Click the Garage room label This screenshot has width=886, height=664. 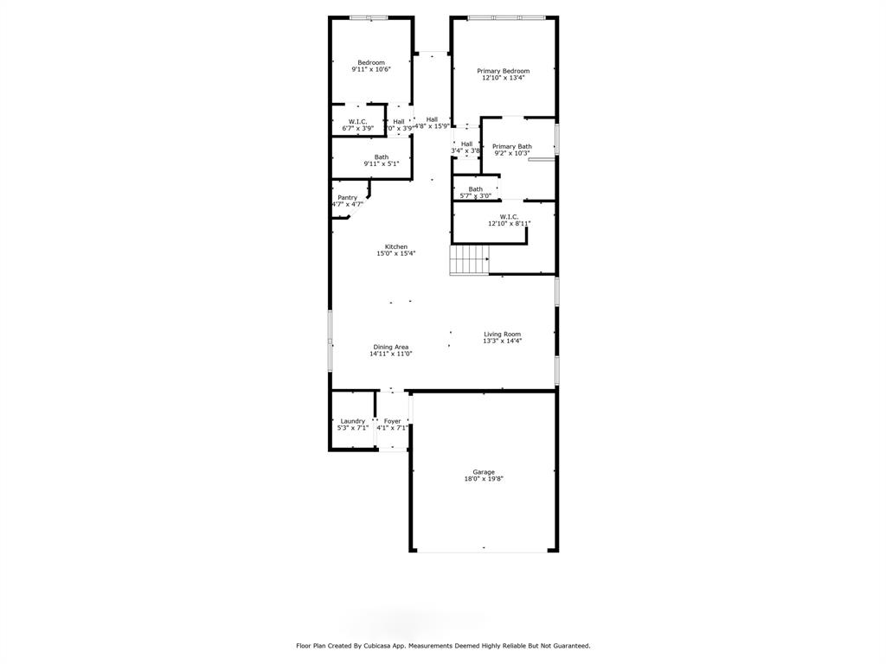click(484, 472)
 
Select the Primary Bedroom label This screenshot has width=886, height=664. click(503, 71)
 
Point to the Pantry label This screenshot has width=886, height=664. click(347, 198)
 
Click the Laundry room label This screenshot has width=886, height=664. click(352, 421)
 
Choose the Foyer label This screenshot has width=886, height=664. click(392, 421)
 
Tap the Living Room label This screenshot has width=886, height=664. click(502, 334)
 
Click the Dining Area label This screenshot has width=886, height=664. click(391, 347)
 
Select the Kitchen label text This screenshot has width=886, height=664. click(395, 247)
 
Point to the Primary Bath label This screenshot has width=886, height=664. click(511, 147)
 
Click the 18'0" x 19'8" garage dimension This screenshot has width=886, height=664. click(484, 478)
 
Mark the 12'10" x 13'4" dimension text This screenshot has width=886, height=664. click(503, 78)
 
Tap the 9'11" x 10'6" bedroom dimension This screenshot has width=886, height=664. click(371, 69)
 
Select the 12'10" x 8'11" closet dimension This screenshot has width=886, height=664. click(509, 224)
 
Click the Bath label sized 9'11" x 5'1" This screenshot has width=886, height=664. click(382, 157)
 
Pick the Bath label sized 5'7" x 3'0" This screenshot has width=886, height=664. click(475, 189)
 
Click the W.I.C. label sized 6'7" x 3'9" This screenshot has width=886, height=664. click(357, 122)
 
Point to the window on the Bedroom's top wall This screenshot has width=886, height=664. click(368, 17)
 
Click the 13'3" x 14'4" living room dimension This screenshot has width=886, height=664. click(502, 341)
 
